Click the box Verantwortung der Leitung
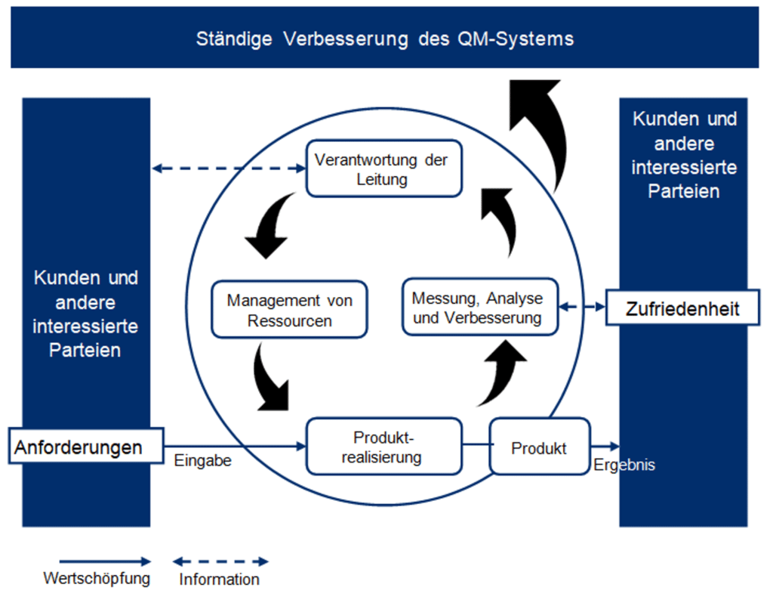click(x=383, y=169)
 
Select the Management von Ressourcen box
click(x=289, y=309)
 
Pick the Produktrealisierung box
click(x=383, y=447)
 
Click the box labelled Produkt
click(x=539, y=448)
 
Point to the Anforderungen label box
click(x=88, y=447)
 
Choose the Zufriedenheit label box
click(x=682, y=308)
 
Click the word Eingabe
click(x=202, y=460)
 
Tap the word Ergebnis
click(x=624, y=465)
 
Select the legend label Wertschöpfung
click(x=97, y=579)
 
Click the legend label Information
click(x=219, y=580)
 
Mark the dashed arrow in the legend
click(x=220, y=561)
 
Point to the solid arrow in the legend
click(x=105, y=561)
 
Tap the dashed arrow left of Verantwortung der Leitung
click(x=228, y=169)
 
